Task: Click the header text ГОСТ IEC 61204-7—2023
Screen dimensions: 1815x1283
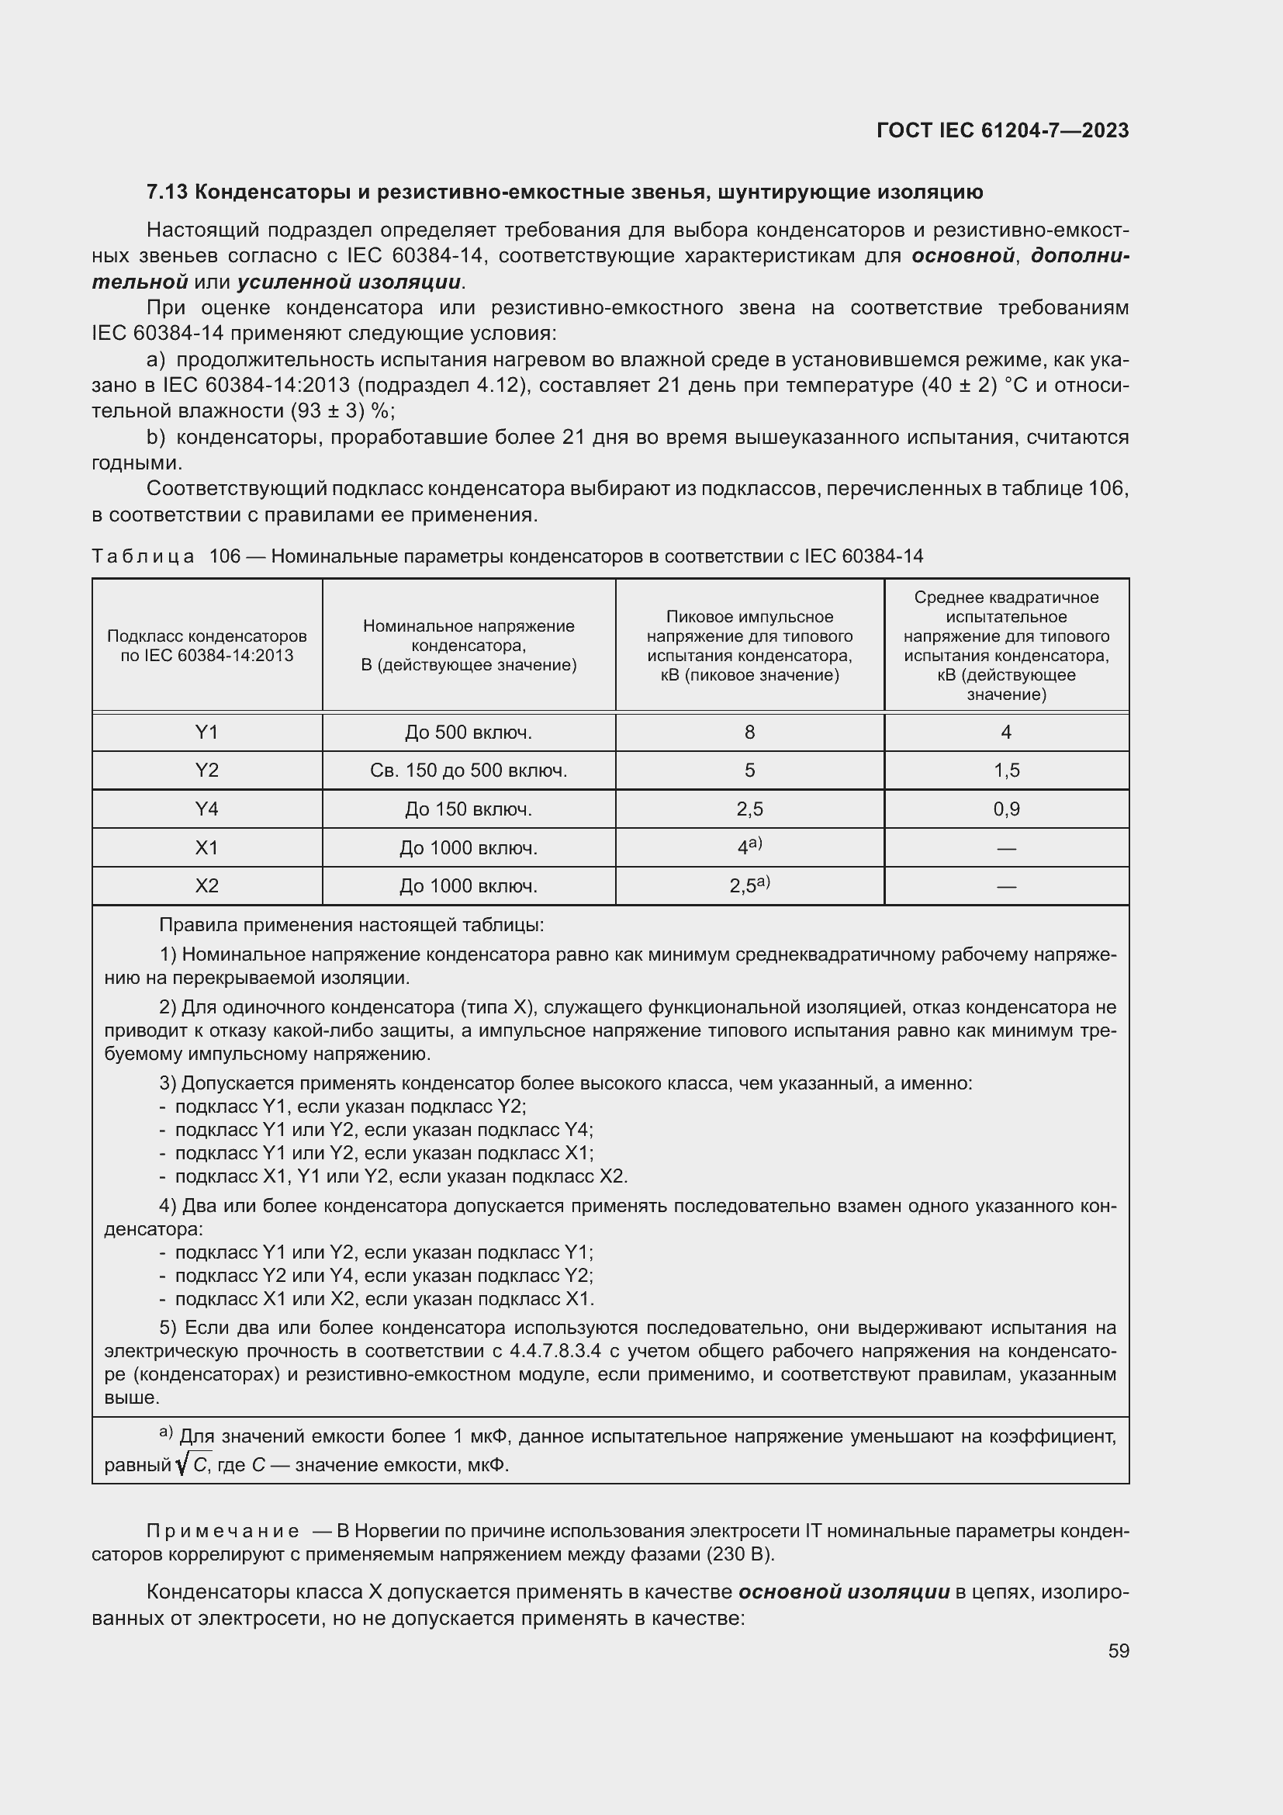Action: (1001, 131)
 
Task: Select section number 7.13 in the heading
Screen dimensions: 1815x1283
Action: (167, 192)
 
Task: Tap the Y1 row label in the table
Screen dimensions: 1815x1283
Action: (207, 733)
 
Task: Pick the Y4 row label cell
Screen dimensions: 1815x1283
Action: (207, 809)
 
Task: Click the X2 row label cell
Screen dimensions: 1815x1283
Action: (207, 886)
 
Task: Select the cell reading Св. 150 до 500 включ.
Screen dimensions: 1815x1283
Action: (469, 771)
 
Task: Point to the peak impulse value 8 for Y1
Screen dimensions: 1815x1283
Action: (749, 733)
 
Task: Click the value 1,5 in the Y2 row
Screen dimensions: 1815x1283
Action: (1007, 771)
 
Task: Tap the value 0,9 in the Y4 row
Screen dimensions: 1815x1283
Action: (1007, 809)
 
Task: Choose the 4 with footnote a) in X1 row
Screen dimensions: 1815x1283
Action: (748, 847)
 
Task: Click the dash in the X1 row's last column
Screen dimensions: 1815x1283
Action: (1007, 848)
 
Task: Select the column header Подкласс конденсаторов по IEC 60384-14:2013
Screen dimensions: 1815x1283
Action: (207, 645)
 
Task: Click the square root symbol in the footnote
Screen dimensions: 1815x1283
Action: (182, 1466)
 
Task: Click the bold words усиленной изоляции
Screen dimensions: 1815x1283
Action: (349, 282)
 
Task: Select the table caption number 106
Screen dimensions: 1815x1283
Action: (224, 556)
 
